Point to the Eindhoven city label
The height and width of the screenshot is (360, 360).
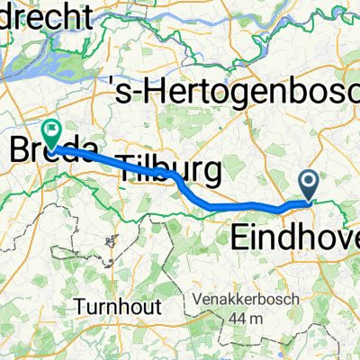(x=295, y=238)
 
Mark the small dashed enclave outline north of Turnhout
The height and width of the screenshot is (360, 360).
(x=112, y=241)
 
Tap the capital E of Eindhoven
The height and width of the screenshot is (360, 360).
(x=241, y=238)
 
